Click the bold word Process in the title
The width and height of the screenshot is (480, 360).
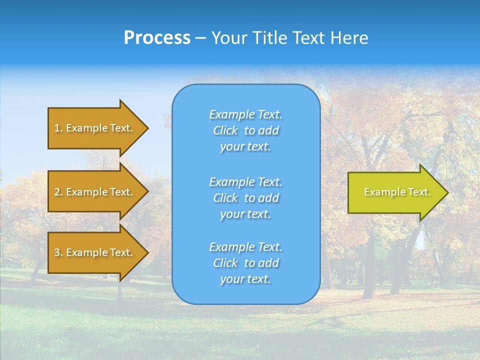click(157, 38)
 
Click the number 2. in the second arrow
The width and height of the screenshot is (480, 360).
click(58, 192)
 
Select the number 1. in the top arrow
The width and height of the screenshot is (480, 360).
click(58, 128)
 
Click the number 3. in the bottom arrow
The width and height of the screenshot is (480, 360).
click(58, 252)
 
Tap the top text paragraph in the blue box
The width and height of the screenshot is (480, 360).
click(245, 130)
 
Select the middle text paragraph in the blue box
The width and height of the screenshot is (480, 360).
click(245, 198)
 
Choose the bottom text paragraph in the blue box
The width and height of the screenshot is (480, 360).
click(245, 263)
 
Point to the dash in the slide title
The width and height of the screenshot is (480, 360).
click(200, 38)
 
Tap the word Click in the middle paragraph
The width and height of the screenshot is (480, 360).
click(225, 198)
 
